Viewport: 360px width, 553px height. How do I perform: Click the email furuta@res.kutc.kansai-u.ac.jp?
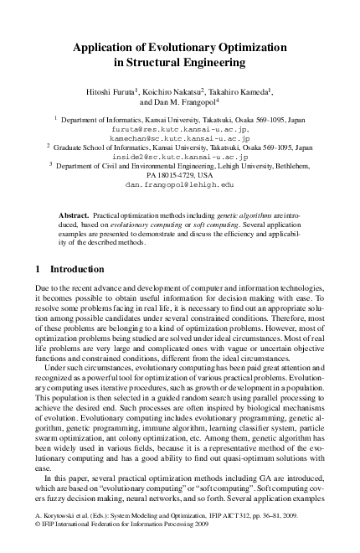(178, 129)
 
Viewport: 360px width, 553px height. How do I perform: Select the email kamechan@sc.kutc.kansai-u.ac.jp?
(179, 138)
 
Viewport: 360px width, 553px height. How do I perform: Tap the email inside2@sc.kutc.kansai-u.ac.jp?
(179, 157)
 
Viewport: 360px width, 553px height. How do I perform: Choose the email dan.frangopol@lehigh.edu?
(179, 183)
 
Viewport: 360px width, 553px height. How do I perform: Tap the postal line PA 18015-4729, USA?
(179, 174)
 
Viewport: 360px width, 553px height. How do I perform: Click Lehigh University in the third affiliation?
(258, 166)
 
